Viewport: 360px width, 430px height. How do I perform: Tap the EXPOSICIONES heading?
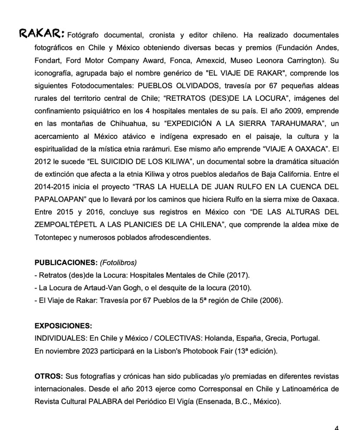(x=63, y=325)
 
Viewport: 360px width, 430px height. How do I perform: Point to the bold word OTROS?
(x=48, y=376)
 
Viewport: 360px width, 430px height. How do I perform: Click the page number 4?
(x=336, y=427)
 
